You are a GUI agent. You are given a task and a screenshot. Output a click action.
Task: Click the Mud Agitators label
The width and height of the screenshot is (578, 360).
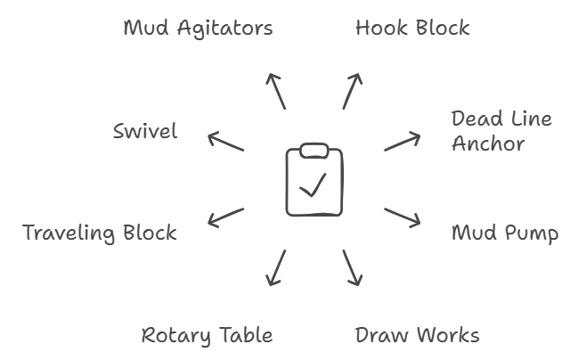tap(198, 28)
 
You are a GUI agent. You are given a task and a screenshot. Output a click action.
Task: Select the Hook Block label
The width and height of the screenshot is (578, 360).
tap(411, 28)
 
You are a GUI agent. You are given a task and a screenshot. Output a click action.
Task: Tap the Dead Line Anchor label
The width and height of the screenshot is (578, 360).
tap(501, 131)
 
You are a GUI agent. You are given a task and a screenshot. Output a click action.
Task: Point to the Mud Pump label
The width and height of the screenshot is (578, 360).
tap(505, 233)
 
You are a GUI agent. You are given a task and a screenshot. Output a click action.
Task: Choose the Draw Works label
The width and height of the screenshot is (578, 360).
tap(417, 335)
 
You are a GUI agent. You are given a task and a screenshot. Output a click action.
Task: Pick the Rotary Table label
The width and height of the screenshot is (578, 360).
tap(207, 336)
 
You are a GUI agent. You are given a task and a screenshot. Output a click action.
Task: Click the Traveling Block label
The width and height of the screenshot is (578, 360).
tap(100, 233)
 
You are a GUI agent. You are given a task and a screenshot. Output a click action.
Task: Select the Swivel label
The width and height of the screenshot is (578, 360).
tap(145, 132)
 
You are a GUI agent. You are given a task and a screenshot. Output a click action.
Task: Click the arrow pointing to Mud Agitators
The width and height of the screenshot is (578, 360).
tap(276, 91)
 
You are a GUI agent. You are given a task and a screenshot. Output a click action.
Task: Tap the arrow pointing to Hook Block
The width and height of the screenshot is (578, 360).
tap(352, 91)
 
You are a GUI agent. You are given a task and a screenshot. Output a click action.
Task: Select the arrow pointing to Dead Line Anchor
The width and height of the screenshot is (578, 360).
tap(403, 142)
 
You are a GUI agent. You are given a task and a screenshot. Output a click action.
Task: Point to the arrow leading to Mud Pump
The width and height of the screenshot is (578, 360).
tap(403, 217)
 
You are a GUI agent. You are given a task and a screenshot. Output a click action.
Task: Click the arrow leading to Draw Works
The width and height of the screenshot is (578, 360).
tap(352, 267)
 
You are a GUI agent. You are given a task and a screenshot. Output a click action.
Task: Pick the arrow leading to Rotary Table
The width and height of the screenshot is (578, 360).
tap(276, 267)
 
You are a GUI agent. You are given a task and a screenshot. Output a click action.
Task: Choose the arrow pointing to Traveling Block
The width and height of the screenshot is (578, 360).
tap(225, 217)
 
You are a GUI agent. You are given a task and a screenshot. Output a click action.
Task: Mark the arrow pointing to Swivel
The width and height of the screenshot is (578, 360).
tap(225, 142)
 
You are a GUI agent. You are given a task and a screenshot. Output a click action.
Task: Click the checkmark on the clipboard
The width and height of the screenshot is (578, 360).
tap(313, 184)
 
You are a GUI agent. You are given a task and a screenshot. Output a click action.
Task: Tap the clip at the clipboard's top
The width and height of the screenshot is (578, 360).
tap(313, 151)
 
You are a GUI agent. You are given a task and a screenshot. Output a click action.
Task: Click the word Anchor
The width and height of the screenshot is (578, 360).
tap(488, 143)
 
